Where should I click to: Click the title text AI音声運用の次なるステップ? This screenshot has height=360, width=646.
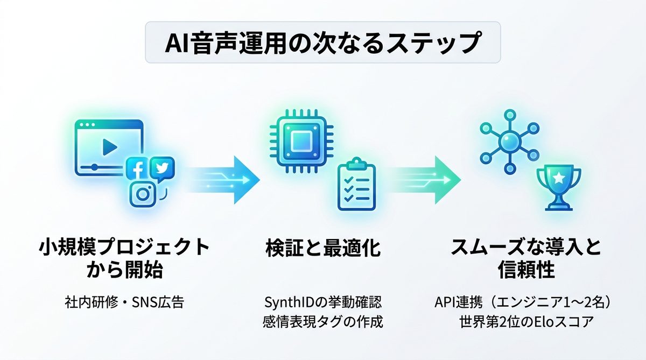pos(322,43)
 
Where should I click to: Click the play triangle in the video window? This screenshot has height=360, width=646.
pos(110,146)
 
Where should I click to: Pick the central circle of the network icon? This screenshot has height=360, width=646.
pos(508,142)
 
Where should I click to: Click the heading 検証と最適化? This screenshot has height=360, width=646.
pos(322,249)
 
